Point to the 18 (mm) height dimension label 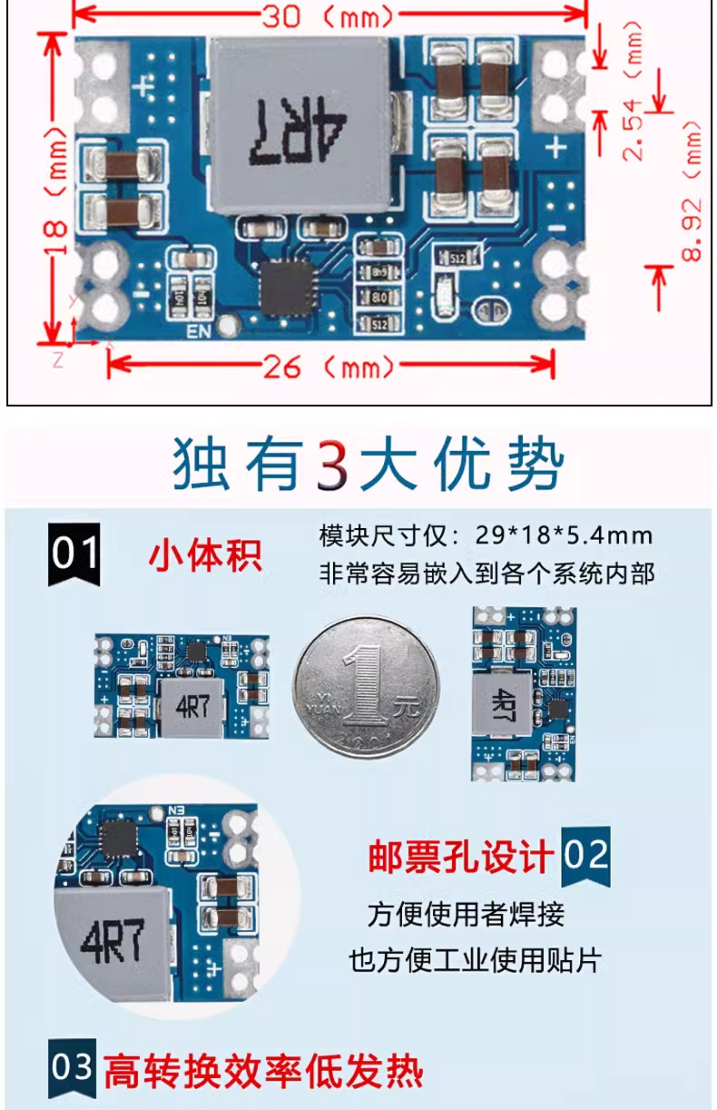coord(56,191)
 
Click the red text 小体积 coord(205,556)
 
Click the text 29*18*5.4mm coord(563,536)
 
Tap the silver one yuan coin coord(366,687)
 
